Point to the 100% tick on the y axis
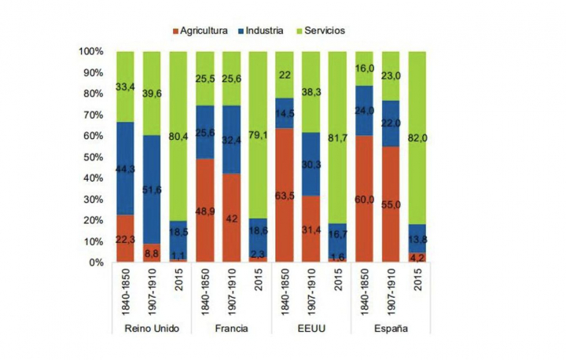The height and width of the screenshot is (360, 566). click(x=91, y=52)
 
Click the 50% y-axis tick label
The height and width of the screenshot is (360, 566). click(x=94, y=157)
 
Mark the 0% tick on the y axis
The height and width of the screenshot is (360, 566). click(x=97, y=263)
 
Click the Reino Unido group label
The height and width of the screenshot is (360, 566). click(x=153, y=328)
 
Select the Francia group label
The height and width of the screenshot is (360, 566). click(x=233, y=328)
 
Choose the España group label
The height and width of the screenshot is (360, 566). click(x=391, y=328)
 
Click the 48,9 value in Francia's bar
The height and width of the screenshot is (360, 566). click(x=205, y=212)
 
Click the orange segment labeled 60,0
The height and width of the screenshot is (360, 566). click(x=365, y=199)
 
